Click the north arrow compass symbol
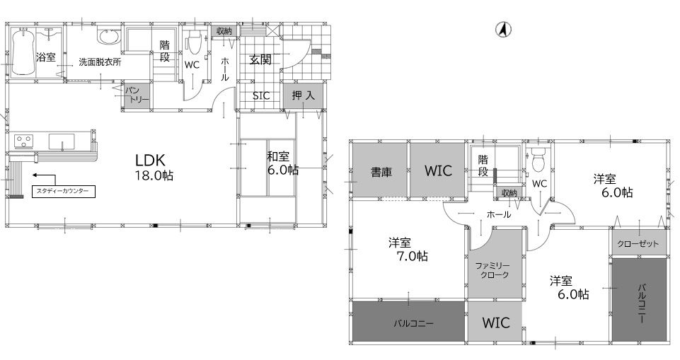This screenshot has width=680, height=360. (x=503, y=30)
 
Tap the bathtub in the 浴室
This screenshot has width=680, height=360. (x=22, y=52)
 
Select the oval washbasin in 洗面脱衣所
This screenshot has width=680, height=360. (x=109, y=37)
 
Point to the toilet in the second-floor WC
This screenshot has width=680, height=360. (x=538, y=160)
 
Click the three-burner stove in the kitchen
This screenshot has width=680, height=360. (x=23, y=140)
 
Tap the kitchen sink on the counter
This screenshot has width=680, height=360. (x=62, y=141)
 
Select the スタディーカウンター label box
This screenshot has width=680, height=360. (x=63, y=192)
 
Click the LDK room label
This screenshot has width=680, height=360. (x=150, y=161)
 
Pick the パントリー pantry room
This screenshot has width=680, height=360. (x=137, y=95)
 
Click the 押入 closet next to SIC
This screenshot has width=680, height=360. (x=303, y=95)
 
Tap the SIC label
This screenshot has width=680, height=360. (x=261, y=95)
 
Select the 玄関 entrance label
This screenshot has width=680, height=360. (x=260, y=60)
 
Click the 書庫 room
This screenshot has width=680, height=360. (x=380, y=170)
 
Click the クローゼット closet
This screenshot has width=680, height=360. (x=639, y=243)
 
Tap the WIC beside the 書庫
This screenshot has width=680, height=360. (x=437, y=170)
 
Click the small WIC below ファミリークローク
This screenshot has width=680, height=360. (x=495, y=323)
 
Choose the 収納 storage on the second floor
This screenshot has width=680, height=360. (x=509, y=193)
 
